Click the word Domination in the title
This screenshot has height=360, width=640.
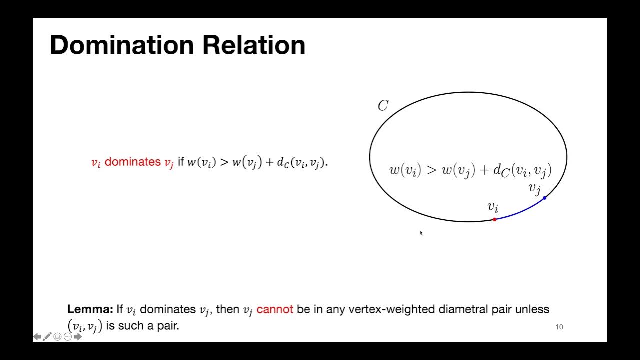click(x=122, y=45)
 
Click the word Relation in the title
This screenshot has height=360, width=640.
click(x=254, y=45)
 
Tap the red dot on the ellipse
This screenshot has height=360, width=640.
click(x=494, y=219)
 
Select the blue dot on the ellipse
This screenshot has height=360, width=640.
click(x=544, y=198)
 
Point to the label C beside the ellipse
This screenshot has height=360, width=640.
click(x=383, y=106)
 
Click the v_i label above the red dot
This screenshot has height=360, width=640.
click(x=493, y=207)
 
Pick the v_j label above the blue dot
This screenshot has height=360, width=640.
click(x=535, y=189)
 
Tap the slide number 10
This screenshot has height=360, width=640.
click(x=559, y=327)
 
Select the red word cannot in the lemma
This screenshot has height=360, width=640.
click(x=275, y=310)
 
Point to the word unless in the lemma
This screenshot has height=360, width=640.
click(x=535, y=310)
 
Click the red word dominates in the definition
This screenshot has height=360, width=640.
click(x=132, y=162)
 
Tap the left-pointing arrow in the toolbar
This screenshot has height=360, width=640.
click(x=37, y=337)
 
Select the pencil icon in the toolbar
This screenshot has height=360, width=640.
click(x=47, y=337)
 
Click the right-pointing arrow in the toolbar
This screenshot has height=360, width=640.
click(x=78, y=337)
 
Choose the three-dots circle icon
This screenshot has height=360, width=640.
click(x=68, y=337)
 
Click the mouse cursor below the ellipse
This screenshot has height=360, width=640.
click(x=421, y=233)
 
